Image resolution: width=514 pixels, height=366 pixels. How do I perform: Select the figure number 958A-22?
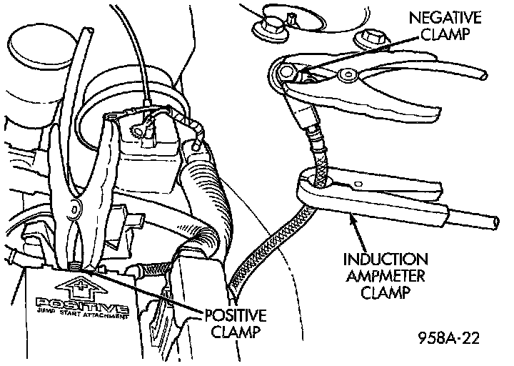click(448, 337)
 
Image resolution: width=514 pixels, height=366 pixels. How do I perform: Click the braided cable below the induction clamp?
click(271, 243)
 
